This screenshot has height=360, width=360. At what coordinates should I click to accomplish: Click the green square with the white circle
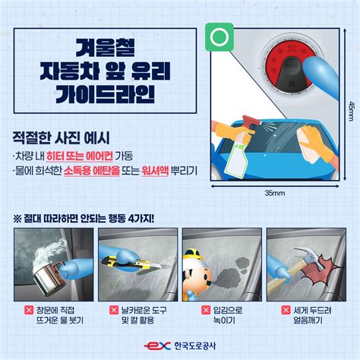(x=219, y=37)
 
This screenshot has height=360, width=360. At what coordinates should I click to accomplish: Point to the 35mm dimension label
(x=275, y=193)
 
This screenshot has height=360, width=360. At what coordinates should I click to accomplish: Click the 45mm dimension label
(x=352, y=111)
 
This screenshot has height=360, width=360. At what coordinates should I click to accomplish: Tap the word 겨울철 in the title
(x=105, y=48)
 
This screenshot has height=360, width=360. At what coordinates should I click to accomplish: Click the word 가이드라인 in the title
(x=105, y=93)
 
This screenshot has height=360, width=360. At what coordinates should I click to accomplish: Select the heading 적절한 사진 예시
(x=62, y=138)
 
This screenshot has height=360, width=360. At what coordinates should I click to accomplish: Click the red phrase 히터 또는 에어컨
(x=80, y=156)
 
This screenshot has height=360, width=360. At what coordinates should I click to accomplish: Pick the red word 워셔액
(x=155, y=171)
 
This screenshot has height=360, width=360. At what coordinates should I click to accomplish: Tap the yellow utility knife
(x=131, y=263)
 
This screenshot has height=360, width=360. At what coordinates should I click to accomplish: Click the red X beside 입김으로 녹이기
(x=206, y=310)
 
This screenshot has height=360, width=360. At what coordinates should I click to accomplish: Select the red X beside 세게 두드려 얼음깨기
(x=286, y=310)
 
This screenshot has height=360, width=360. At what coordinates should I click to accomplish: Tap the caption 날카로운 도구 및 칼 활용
(x=144, y=315)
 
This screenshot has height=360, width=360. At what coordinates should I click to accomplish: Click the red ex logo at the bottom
(x=157, y=346)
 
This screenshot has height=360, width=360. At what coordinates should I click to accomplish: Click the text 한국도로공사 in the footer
(x=195, y=346)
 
